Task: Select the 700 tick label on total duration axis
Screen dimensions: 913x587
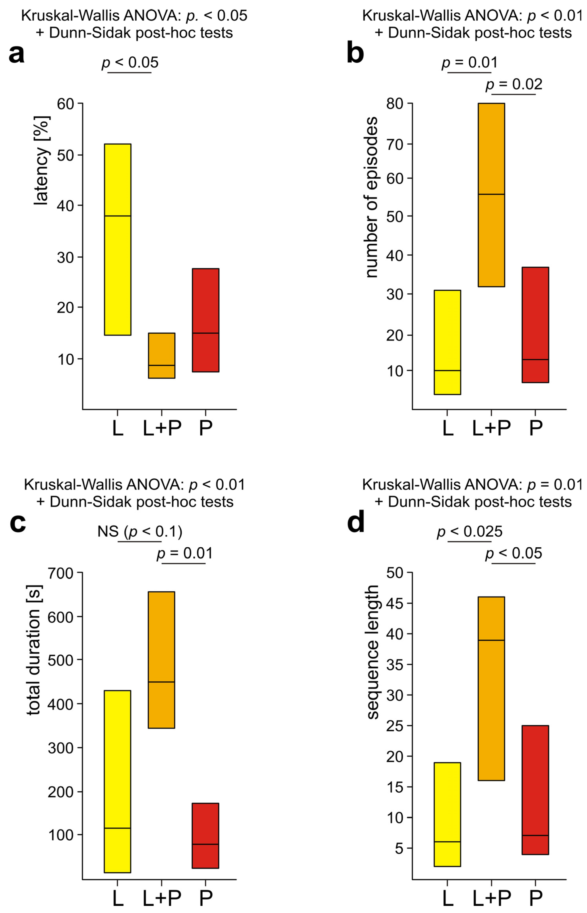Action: pyautogui.click(x=60, y=573)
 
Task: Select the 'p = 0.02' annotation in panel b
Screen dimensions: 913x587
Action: pyautogui.click(x=514, y=84)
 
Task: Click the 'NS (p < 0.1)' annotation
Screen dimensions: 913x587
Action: pyautogui.click(x=140, y=531)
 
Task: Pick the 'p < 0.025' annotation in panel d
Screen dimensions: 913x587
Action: pyautogui.click(x=470, y=531)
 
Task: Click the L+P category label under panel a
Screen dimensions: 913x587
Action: pyautogui.click(x=162, y=428)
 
